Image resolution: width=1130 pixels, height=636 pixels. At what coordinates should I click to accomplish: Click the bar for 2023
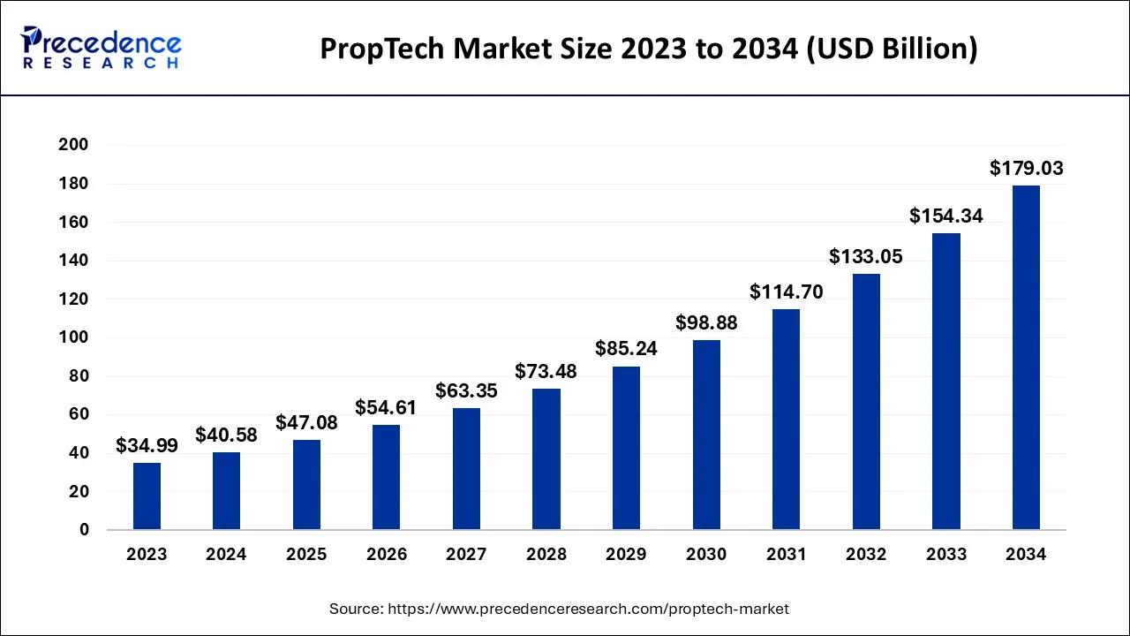tap(147, 496)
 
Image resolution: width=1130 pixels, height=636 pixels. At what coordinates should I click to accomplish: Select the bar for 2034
tap(1026, 358)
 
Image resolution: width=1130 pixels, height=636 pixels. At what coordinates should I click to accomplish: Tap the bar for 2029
tap(626, 448)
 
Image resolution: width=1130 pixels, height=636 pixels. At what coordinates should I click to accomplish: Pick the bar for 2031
tap(786, 420)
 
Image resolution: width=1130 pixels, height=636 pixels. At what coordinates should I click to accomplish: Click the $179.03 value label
tap(1026, 168)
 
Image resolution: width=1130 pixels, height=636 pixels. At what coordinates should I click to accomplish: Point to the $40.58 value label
tap(226, 435)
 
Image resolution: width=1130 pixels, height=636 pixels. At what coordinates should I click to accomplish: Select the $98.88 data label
tap(706, 323)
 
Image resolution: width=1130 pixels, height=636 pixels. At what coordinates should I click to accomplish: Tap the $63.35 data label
tap(466, 390)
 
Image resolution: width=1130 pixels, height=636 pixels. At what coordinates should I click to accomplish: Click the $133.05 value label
tap(866, 256)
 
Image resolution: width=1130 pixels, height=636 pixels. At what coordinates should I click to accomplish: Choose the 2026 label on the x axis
tap(387, 555)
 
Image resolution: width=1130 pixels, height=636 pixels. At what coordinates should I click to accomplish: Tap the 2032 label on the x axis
tap(866, 555)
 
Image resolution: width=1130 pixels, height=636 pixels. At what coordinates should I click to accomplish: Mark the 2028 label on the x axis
tap(546, 555)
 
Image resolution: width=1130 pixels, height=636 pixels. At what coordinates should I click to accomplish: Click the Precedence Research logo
tap(102, 48)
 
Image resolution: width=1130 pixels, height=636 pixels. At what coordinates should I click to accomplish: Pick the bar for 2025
tap(306, 485)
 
